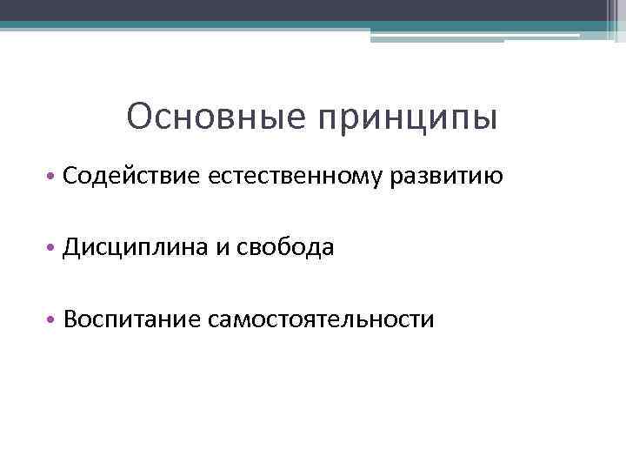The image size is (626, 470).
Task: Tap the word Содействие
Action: [x=131, y=177]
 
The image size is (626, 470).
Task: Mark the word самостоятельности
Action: [x=321, y=319]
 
